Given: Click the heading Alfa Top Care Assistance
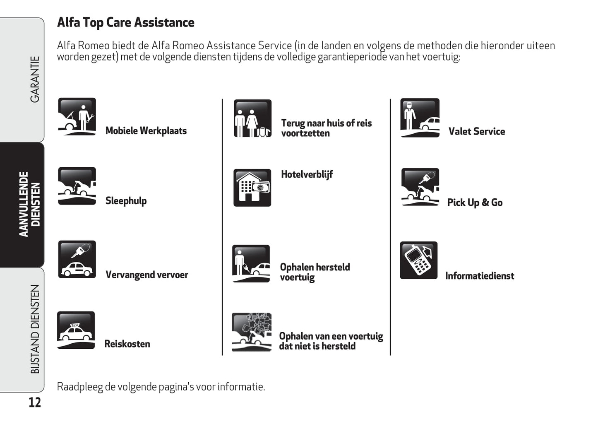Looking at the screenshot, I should [x=125, y=22].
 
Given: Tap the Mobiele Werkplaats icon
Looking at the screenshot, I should [x=77, y=117].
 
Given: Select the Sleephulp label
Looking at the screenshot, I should [x=126, y=201].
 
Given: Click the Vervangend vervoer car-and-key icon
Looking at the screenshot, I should [x=77, y=259].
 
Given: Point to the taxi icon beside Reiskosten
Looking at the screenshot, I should [x=76, y=330].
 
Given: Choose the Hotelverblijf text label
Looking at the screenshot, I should [x=307, y=174].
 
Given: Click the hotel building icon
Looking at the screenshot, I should [x=252, y=188].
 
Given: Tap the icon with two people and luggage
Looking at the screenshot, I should [x=252, y=118].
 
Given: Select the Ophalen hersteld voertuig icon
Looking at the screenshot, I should [x=251, y=263].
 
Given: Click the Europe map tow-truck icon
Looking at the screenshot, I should [x=251, y=332].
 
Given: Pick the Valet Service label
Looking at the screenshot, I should [x=477, y=132].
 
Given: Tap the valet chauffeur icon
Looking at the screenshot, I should [x=420, y=118].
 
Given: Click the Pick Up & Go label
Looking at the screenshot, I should [x=475, y=203].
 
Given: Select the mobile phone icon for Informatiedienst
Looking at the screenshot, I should [x=418, y=260].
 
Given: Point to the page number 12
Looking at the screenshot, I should [x=35, y=403].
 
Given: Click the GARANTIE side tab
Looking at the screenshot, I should [x=35, y=80].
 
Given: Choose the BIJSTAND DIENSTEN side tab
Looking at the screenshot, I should [x=35, y=329].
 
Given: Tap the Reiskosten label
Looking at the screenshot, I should [x=127, y=344].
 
